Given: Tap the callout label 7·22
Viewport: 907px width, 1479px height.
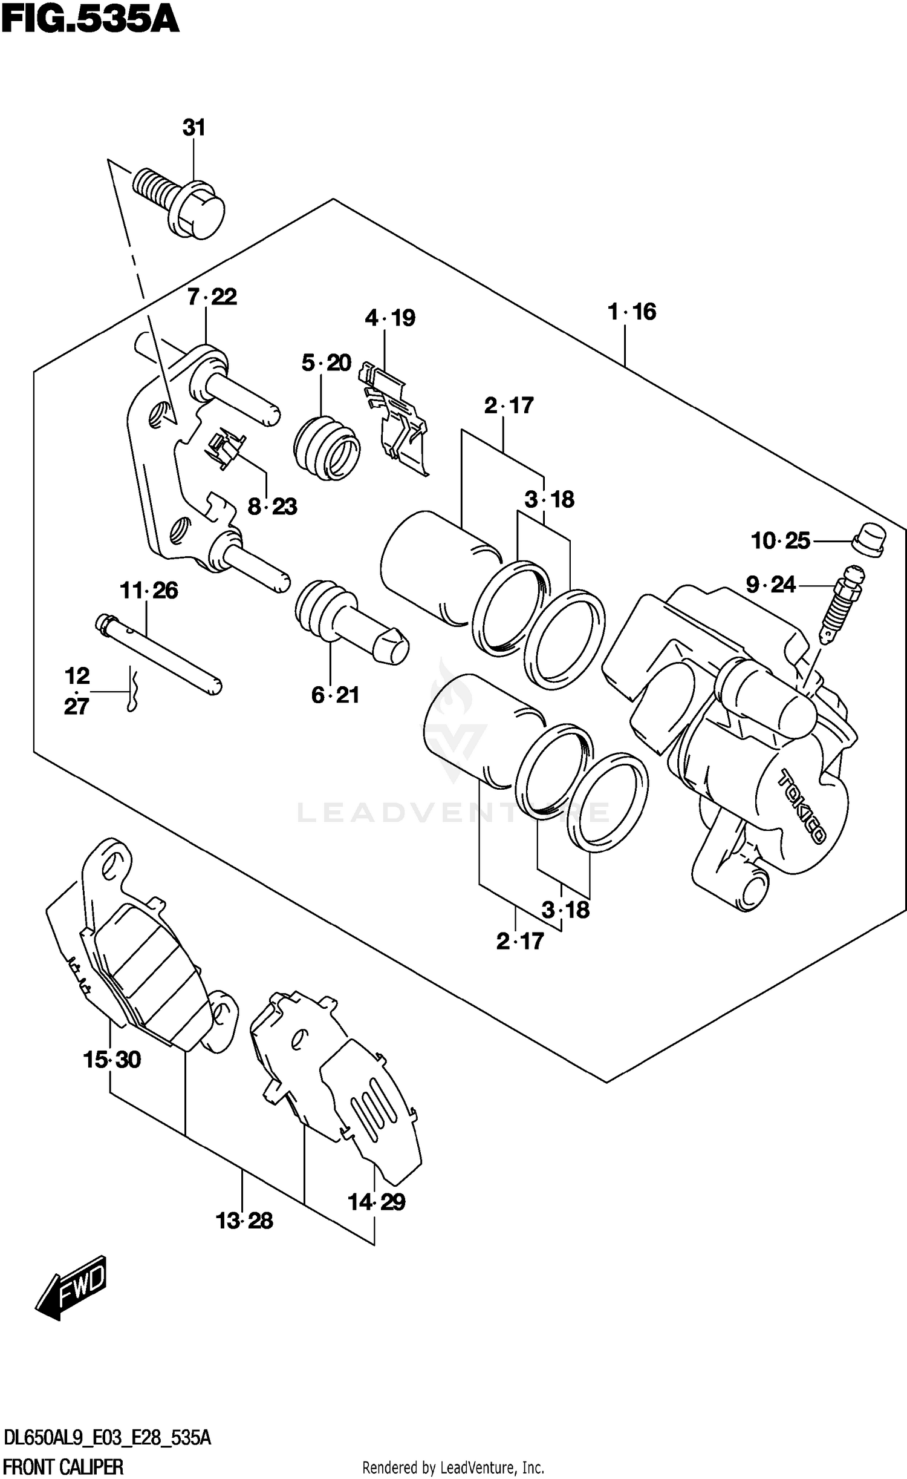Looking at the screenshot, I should [x=212, y=297].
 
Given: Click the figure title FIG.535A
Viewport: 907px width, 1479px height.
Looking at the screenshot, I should [x=91, y=19].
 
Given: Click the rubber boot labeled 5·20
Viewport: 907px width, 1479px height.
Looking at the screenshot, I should [x=327, y=448].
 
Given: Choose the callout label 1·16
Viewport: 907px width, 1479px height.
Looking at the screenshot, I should [x=632, y=312].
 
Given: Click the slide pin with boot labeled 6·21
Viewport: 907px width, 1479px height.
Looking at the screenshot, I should [x=351, y=623].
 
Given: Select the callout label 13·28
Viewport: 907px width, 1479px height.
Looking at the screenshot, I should [x=244, y=1221].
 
